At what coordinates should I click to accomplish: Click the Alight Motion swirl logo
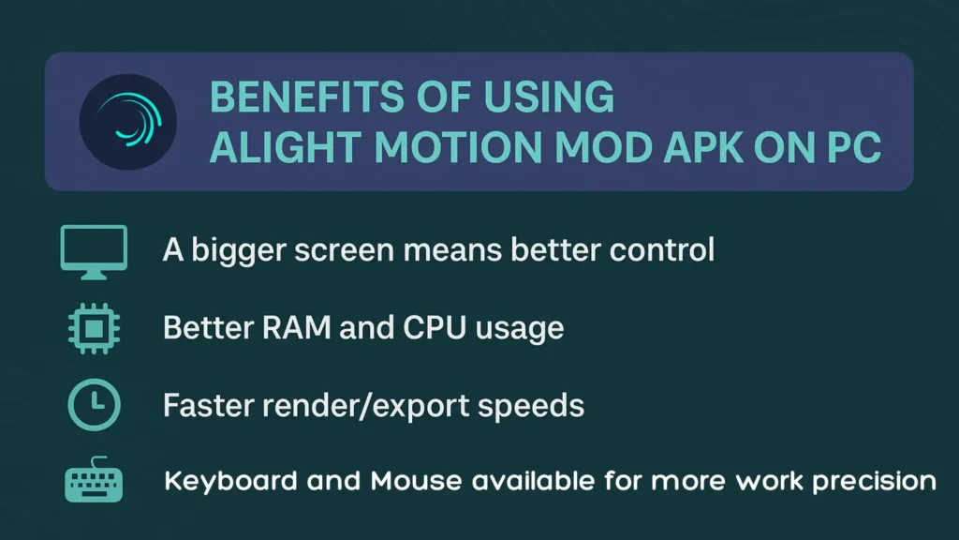(x=127, y=121)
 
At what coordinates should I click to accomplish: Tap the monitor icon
(x=94, y=250)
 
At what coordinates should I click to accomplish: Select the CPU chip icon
(x=94, y=329)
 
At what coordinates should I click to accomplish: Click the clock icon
(x=94, y=405)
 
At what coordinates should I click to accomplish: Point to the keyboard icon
(x=94, y=483)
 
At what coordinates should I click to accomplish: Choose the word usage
(x=520, y=330)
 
